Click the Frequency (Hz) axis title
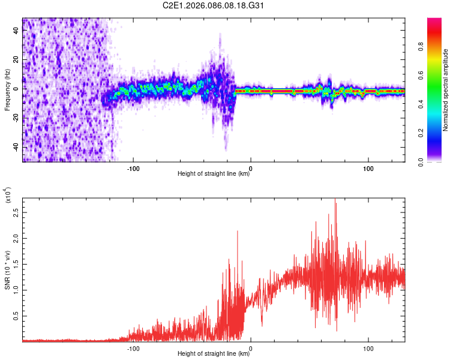tap(7, 90)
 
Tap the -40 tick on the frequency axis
tap(14, 147)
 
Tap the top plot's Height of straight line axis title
tap(214, 174)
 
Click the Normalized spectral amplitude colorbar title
tap(446, 90)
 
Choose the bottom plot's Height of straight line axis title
tap(214, 355)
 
